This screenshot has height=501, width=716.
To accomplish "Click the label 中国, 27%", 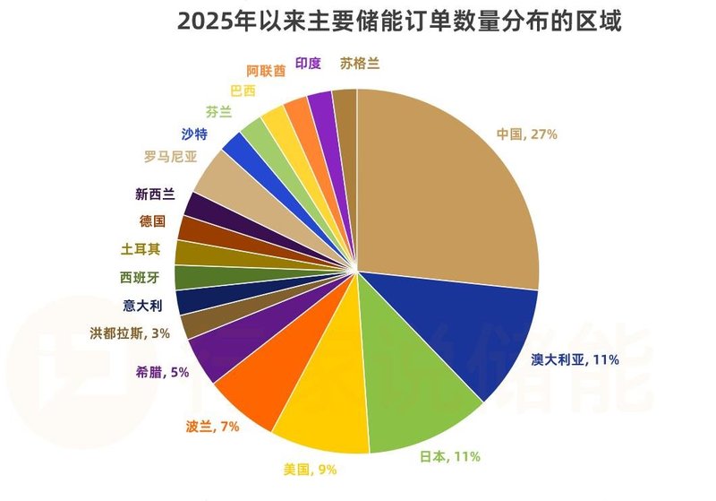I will [x=528, y=134].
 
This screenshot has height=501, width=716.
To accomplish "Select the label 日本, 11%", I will [x=450, y=456].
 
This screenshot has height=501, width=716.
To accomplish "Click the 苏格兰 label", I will [x=359, y=64].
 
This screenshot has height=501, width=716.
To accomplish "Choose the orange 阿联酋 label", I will [x=265, y=71].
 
